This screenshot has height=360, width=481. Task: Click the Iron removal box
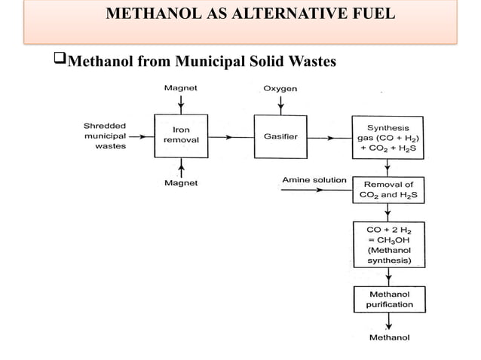click(180, 136)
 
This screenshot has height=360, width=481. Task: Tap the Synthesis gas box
click(388, 136)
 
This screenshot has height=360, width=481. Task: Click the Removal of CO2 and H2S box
click(388, 190)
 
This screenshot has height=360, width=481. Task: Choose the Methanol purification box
click(388, 299)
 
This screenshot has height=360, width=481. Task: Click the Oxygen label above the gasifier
click(280, 88)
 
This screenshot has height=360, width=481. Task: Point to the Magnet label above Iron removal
click(181, 88)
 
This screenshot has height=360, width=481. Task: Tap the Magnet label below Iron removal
click(181, 183)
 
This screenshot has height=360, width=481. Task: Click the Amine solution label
click(314, 180)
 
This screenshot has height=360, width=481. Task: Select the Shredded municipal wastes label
click(105, 136)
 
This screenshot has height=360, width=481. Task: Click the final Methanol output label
click(389, 338)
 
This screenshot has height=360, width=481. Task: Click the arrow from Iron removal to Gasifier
click(231, 137)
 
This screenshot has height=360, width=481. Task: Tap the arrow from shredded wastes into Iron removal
click(139, 137)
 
